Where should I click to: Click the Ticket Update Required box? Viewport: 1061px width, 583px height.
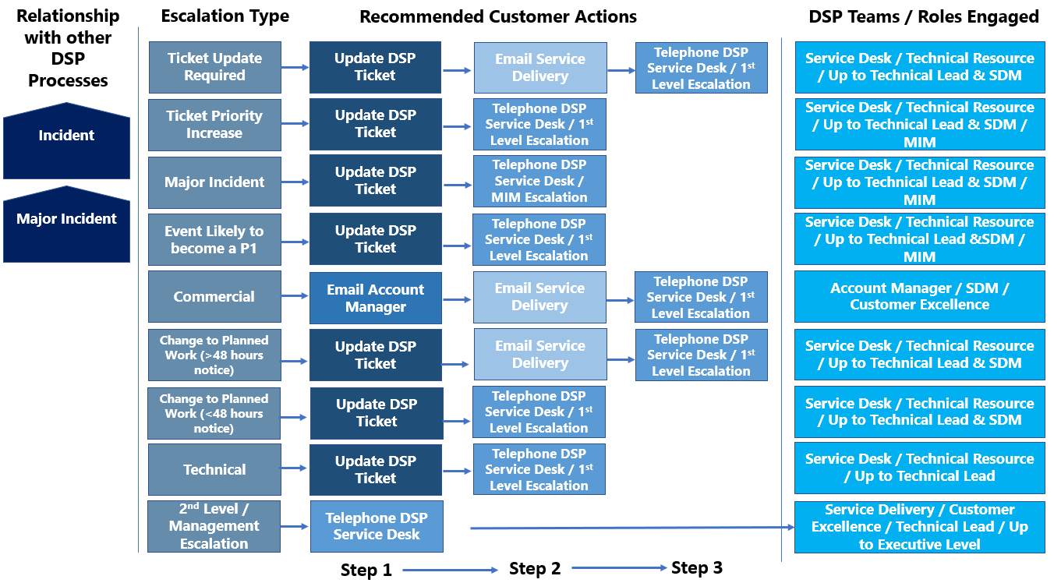(x=214, y=67)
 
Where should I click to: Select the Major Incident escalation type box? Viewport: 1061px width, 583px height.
(x=214, y=182)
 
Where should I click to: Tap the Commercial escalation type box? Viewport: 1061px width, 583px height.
(x=214, y=297)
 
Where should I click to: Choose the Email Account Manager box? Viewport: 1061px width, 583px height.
(x=375, y=298)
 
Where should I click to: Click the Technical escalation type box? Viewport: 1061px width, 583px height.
(x=214, y=470)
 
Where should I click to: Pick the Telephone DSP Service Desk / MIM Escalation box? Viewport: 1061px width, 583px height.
(x=539, y=181)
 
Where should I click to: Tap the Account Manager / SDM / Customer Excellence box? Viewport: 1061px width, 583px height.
(x=919, y=297)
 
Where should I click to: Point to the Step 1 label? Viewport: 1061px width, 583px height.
(x=366, y=571)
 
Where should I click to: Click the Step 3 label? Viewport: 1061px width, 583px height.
(x=696, y=568)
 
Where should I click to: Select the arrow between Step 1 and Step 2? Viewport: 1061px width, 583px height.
(x=450, y=571)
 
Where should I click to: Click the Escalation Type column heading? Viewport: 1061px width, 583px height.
(x=225, y=16)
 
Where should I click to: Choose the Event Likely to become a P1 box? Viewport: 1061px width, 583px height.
(x=214, y=239)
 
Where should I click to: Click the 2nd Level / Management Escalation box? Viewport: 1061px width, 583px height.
(x=214, y=527)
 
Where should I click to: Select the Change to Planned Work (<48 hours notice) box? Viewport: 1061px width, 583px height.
(x=214, y=413)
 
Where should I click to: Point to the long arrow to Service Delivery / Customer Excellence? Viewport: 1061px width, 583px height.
(x=631, y=528)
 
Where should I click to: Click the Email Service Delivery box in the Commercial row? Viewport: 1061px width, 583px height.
(x=539, y=297)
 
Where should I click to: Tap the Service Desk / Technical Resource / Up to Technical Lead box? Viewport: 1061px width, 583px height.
(x=919, y=468)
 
